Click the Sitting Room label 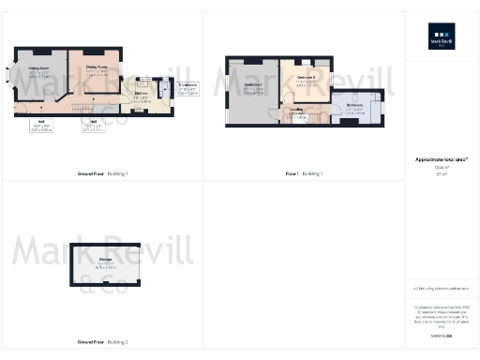point(38,70)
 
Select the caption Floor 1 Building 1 point(304,173)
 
